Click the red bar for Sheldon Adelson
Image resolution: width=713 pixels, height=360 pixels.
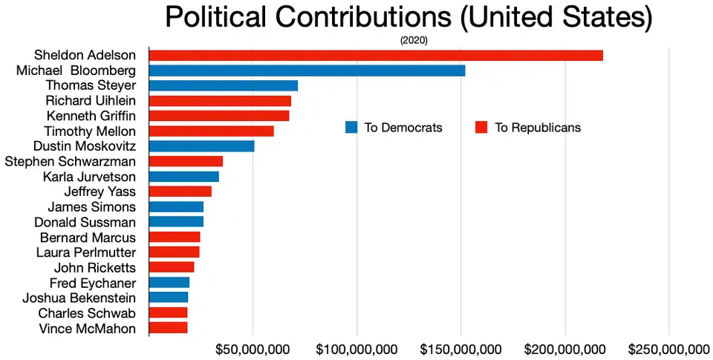point(376,55)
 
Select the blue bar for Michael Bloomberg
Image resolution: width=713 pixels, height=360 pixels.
point(307,71)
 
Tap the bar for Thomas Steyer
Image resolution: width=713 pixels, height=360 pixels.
point(223,85)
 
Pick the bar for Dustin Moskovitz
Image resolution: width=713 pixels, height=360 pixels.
point(201,146)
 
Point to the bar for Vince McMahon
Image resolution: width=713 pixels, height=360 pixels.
point(168,327)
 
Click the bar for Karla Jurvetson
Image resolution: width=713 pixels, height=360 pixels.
point(183,177)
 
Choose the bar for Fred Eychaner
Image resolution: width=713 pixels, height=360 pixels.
point(169,283)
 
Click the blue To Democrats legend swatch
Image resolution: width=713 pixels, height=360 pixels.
point(351,127)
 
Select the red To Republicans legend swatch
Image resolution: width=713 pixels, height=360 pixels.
point(481,127)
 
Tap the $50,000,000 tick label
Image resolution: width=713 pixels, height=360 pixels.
point(253,349)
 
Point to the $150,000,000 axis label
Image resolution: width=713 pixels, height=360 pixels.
point(460,349)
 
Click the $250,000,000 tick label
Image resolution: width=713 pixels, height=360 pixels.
point(668,349)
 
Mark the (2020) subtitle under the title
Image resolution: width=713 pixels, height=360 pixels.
point(414,40)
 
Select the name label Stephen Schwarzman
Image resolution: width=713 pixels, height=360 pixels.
point(71,161)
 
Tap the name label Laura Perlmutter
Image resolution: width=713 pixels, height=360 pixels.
point(86,252)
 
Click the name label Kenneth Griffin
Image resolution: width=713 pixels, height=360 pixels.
point(91,116)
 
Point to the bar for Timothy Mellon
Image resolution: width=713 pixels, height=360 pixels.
point(211,131)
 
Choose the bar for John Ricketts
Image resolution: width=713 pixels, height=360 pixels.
point(172,267)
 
